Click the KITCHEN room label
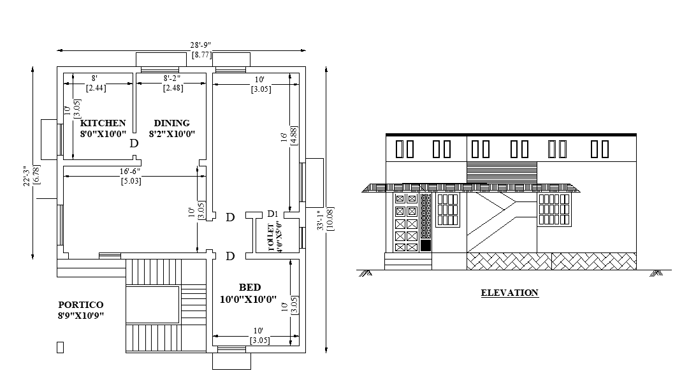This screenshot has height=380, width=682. [x=103, y=123]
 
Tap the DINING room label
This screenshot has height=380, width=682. [x=171, y=123]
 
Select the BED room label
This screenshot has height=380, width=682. [x=250, y=288]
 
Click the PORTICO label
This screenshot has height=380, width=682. [x=80, y=305]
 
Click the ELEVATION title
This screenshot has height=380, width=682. [x=509, y=293]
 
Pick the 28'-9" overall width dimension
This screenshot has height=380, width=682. [x=201, y=45]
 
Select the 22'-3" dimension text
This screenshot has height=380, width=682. [x=25, y=176]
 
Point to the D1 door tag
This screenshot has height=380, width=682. [x=273, y=214]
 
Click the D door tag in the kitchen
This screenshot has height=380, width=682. [x=134, y=143]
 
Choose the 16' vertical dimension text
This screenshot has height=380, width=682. [x=284, y=137]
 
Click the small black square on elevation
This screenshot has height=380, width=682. [x=426, y=245]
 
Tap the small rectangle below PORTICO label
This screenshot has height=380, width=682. [x=61, y=347]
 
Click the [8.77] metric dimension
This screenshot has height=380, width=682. [x=201, y=55]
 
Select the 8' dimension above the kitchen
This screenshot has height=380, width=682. [x=95, y=78]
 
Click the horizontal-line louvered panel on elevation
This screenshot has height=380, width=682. [x=502, y=172]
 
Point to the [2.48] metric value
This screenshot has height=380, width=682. [x=173, y=88]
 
